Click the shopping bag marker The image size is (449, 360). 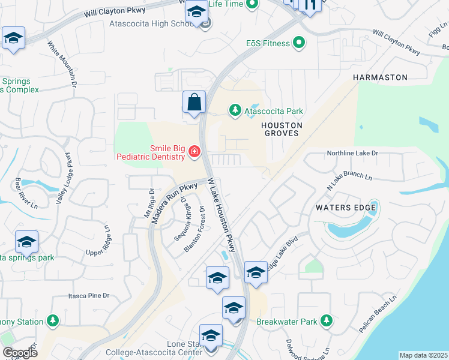pyautogui.click(x=194, y=103)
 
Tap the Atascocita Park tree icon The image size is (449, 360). pyautogui.click(x=235, y=110)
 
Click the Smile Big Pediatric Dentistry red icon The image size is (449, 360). pyautogui.click(x=194, y=152)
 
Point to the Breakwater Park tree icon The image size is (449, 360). pyautogui.click(x=326, y=321)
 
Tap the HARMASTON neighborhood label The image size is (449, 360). pyautogui.click(x=380, y=77)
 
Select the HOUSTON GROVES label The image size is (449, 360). pyautogui.click(x=281, y=129)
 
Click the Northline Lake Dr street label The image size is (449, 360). pyautogui.click(x=352, y=154)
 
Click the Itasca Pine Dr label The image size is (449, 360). pyautogui.click(x=89, y=296)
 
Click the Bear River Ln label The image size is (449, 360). pyautogui.click(x=19, y=192)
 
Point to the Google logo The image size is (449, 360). pyautogui.click(x=20, y=352)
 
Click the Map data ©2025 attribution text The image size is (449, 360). pyautogui.click(x=423, y=355)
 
